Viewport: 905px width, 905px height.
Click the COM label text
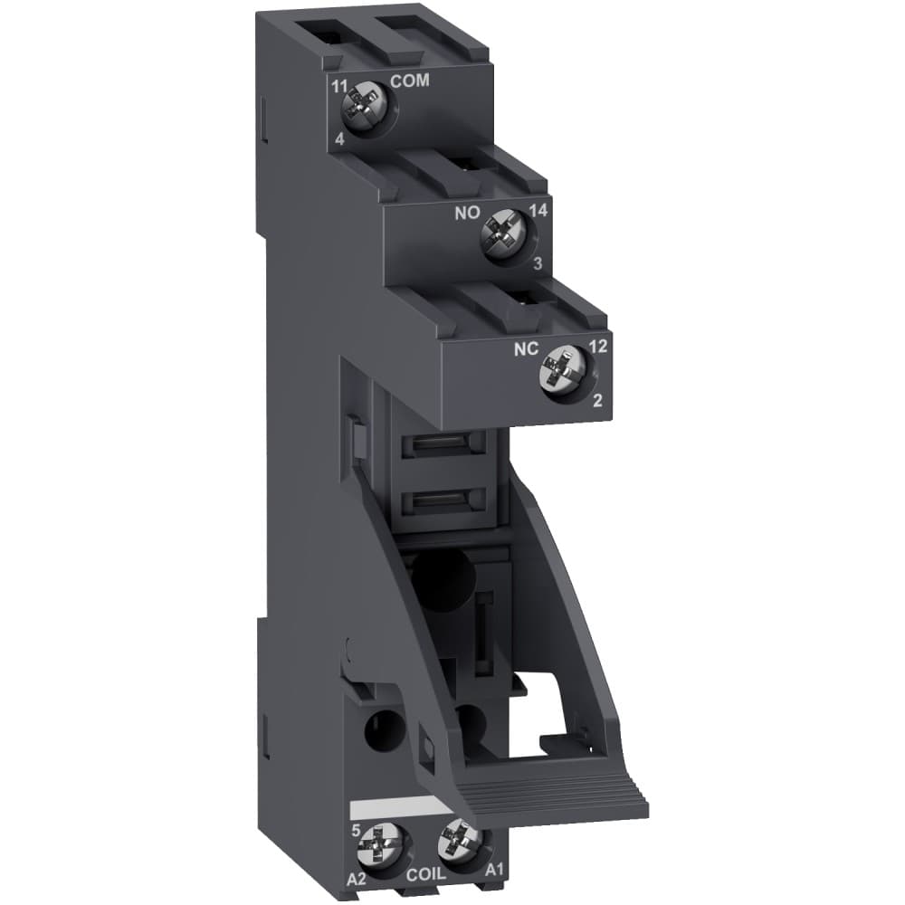[409, 81]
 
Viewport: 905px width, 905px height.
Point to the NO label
[466, 217]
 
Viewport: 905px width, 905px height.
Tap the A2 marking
[359, 876]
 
